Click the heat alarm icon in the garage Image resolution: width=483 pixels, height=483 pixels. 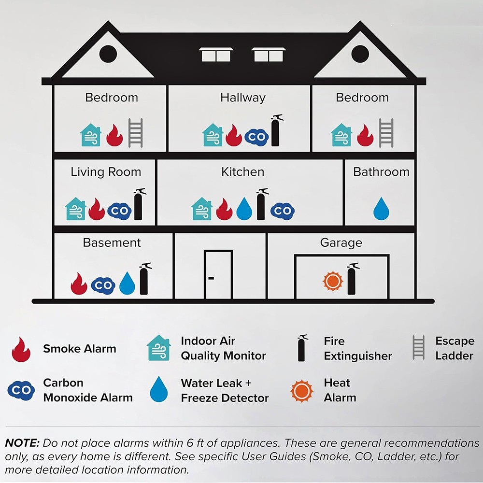coord(333,281)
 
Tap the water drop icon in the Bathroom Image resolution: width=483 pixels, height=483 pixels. coord(381,209)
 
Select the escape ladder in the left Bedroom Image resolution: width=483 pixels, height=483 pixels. coord(135,133)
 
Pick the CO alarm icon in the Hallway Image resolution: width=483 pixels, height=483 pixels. coord(256,137)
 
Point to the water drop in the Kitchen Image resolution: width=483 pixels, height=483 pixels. coord(244,209)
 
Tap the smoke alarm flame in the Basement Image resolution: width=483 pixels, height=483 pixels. coord(79,284)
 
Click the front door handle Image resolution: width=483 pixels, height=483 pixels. coord(211,278)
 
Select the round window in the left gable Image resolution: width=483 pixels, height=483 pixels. coord(108,54)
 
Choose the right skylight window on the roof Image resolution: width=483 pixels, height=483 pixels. coord(269,55)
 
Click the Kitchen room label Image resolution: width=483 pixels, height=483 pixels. coord(243,172)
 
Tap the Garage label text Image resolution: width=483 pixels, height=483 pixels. coord(341,243)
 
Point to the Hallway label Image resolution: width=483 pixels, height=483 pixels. coord(243,98)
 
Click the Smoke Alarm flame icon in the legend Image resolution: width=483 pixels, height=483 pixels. coord(21,349)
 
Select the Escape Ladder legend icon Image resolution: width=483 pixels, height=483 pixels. coord(418,347)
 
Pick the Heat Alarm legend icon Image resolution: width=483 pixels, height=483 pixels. coord(302,391)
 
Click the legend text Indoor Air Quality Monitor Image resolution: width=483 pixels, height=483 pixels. coord(223,348)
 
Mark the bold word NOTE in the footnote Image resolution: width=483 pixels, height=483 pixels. coord(22,443)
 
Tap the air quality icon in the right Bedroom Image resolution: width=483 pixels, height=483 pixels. coord(341,135)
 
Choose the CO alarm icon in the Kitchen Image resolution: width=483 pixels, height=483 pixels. coord(283,211)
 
